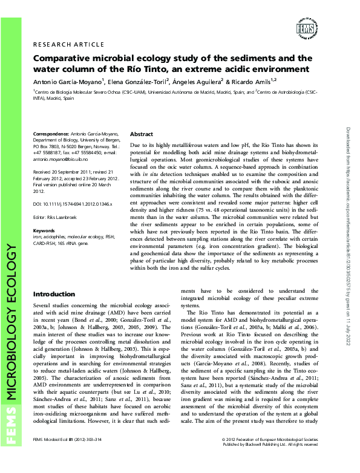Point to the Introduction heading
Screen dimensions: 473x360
[x=54, y=293]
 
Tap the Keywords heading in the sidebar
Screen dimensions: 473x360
[x=44, y=230]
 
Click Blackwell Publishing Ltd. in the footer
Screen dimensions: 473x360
[x=257, y=460]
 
